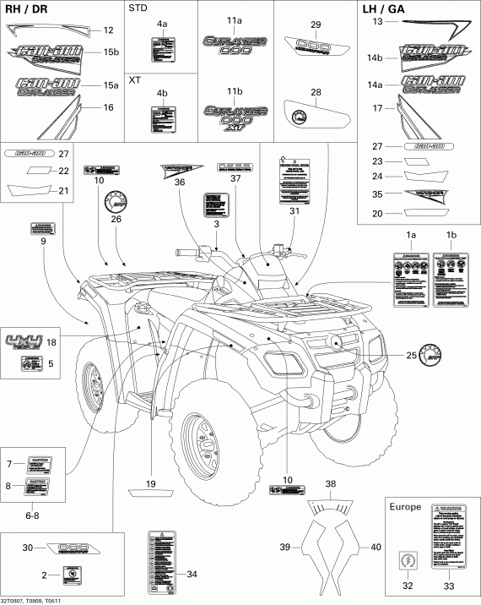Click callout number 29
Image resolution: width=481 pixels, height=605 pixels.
tap(315, 24)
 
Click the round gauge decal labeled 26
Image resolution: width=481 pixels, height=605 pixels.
tap(114, 204)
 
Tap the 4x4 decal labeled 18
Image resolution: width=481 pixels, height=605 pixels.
tap(24, 342)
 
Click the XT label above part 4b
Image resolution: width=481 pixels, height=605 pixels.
tap(135, 79)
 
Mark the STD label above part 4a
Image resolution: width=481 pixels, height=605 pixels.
tap(138, 9)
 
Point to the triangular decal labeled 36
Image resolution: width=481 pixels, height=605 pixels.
tap(179, 169)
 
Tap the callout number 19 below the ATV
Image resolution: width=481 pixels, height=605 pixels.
tap(151, 484)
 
